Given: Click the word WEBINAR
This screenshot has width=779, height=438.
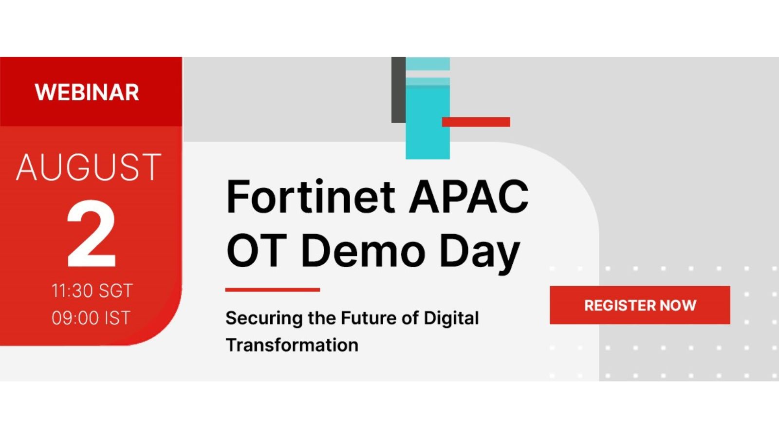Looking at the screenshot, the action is click(x=87, y=92).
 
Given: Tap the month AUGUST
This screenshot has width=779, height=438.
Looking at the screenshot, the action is click(x=89, y=167).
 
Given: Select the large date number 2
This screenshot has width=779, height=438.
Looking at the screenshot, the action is click(x=91, y=233).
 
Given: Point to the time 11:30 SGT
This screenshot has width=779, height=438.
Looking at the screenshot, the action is click(x=92, y=291).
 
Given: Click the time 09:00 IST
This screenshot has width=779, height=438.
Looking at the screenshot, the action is click(x=91, y=318).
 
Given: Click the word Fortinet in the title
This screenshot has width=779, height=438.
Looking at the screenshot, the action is click(x=311, y=197).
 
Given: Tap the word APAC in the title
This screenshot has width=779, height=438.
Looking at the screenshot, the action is click(x=469, y=197).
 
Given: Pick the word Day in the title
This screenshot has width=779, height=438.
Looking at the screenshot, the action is click(x=480, y=254).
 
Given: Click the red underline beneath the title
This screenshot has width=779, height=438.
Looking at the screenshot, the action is click(x=273, y=290).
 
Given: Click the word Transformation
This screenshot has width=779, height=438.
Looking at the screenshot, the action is click(x=292, y=345).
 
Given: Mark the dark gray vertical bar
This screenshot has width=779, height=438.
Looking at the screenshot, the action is click(x=399, y=90).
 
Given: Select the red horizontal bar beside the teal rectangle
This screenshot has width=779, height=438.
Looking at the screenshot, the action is click(x=476, y=122).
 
